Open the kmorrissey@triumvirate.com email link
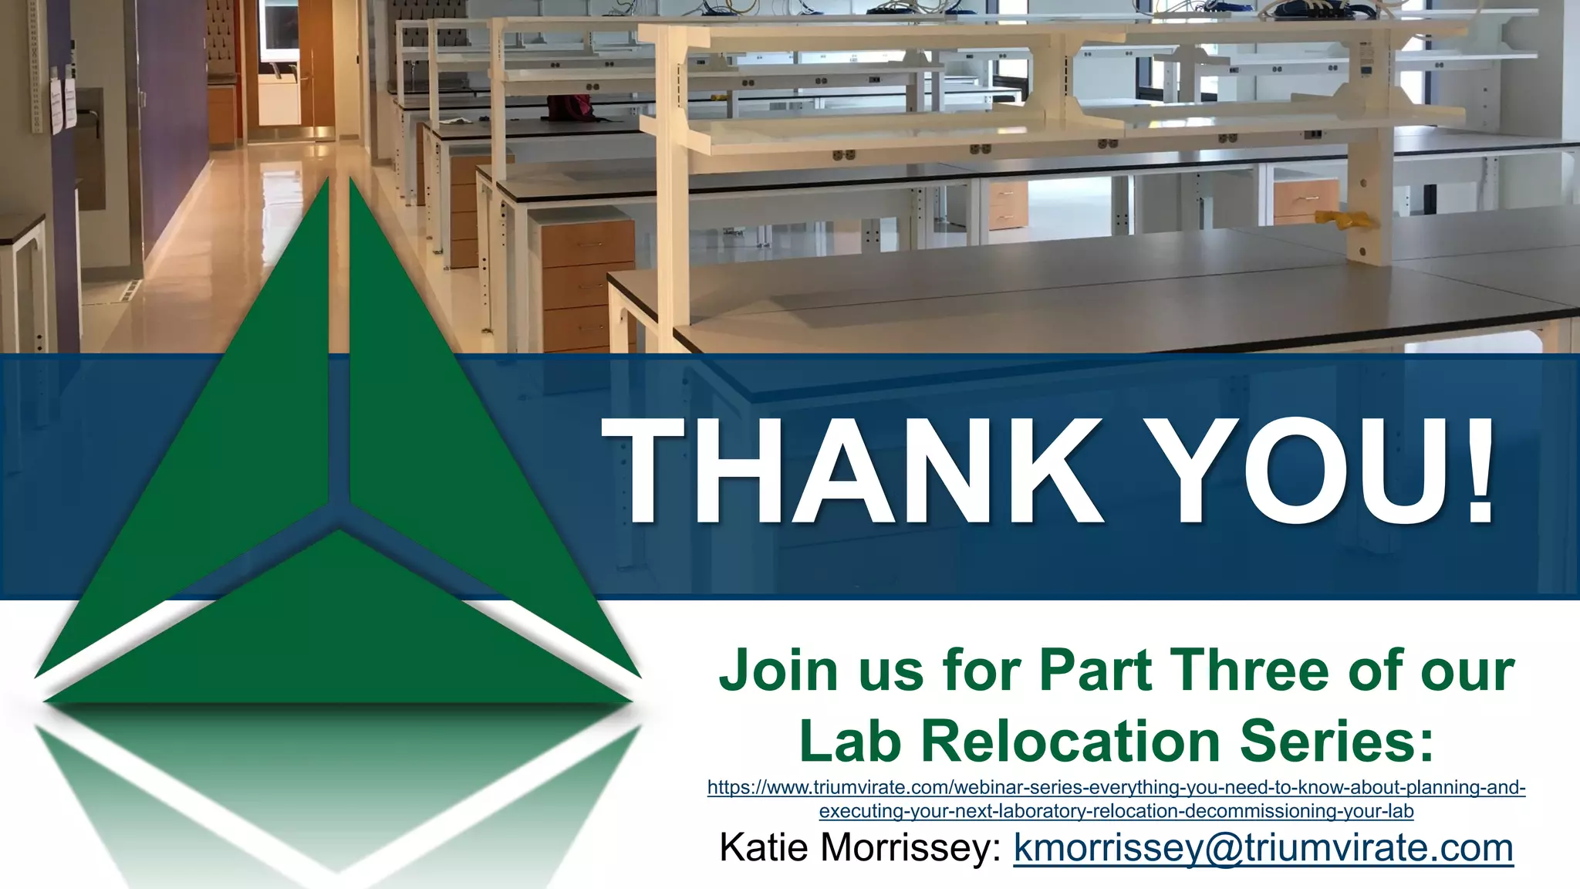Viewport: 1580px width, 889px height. pos(1263,848)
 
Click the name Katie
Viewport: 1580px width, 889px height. pos(765,848)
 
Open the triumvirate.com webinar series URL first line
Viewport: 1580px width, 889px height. pos(1116,788)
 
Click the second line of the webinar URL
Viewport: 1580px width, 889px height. pos(1116,811)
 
